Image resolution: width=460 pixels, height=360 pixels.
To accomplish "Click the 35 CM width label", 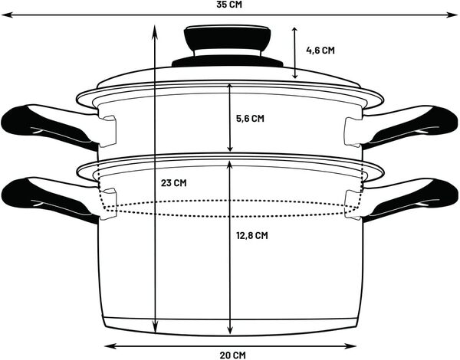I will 229,5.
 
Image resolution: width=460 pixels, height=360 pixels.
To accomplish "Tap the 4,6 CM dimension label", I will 320,51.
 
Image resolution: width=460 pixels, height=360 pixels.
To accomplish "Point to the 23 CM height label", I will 174,183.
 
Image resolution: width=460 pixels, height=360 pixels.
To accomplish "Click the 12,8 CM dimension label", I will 251,236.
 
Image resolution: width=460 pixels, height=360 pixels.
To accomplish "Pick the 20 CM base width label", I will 232,355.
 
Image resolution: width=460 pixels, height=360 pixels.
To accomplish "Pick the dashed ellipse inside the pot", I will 230,207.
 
